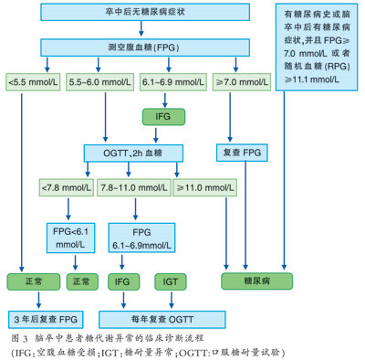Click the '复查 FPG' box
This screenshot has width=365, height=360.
click(x=240, y=152)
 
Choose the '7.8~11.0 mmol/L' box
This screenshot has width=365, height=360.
click(x=136, y=187)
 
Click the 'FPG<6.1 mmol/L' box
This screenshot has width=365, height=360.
click(x=74, y=236)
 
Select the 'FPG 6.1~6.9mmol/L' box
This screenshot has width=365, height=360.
click(x=141, y=236)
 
